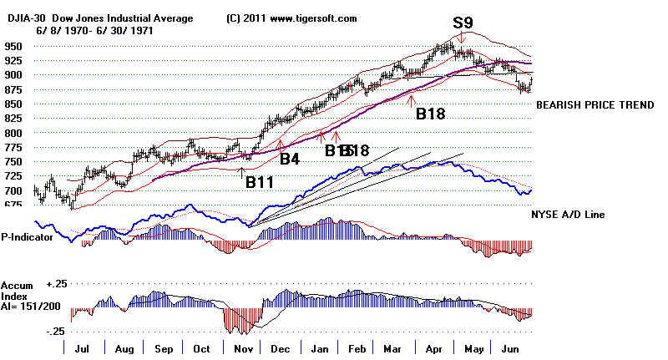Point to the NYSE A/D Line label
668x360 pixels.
pyautogui.click(x=577, y=215)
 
